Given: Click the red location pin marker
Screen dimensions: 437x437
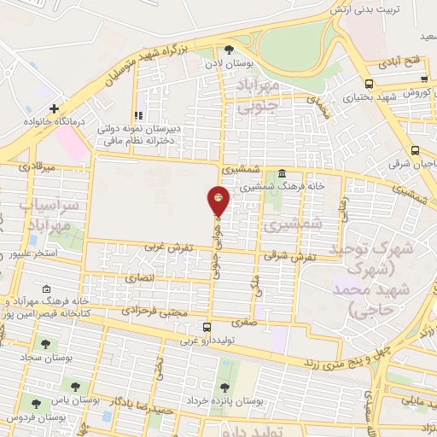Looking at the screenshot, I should click(218, 200).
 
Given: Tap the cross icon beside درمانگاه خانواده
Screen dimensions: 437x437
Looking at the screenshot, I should click(54, 109).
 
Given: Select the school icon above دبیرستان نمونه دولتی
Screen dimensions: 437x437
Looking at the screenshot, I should click(137, 116).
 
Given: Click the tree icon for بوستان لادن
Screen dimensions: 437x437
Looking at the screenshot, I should click(228, 50).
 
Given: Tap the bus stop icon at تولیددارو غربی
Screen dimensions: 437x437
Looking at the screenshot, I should click(207, 326).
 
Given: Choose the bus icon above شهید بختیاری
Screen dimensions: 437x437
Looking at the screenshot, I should click(369, 84).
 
